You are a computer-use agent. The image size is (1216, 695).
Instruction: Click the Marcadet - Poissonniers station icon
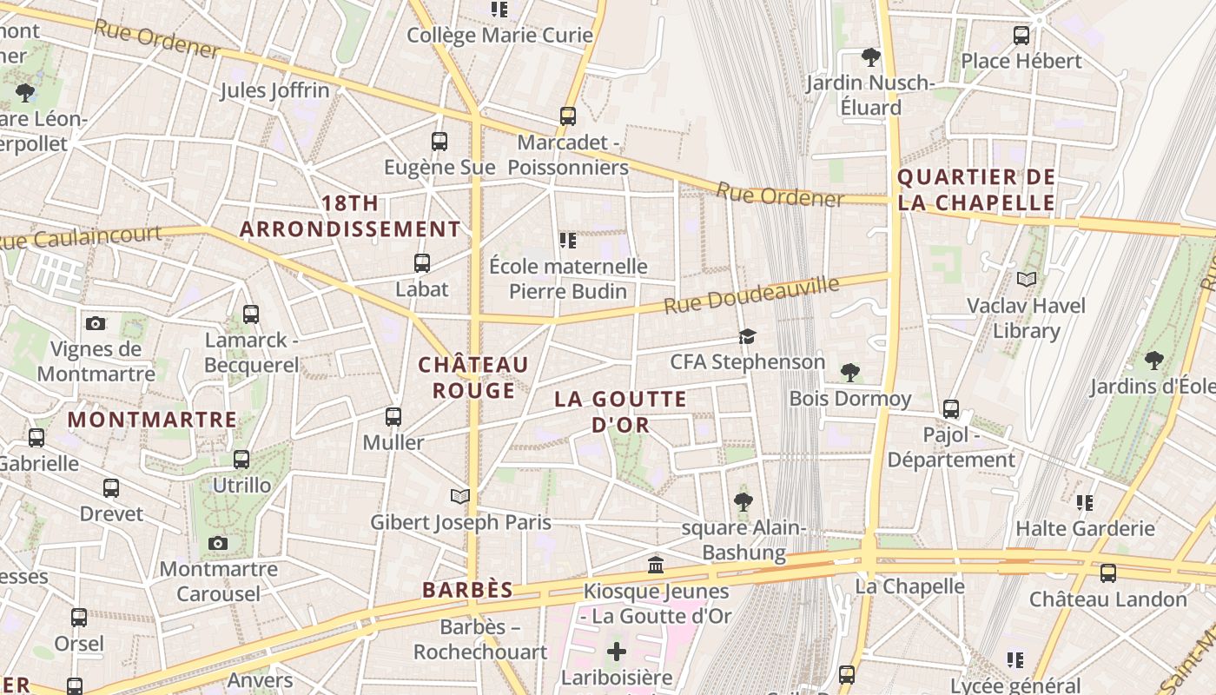click(567, 116)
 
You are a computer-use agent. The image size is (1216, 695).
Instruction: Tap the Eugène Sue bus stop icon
click(439, 141)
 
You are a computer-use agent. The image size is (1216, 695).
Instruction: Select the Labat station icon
click(422, 262)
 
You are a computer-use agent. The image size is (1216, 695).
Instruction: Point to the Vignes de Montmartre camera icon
click(96, 323)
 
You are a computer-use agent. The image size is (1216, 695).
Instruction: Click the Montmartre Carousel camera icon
click(218, 544)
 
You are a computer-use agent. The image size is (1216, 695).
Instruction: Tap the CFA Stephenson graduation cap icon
click(747, 336)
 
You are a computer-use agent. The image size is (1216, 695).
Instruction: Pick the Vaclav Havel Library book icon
click(1027, 280)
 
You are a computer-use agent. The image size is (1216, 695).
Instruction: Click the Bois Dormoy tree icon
click(850, 373)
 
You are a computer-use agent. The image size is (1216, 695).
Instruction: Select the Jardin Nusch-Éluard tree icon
click(870, 57)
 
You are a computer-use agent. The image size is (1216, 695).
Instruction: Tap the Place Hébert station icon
click(1021, 36)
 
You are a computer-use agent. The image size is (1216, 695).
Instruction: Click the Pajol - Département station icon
click(951, 408)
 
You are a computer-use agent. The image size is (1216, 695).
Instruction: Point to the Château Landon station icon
click(1107, 573)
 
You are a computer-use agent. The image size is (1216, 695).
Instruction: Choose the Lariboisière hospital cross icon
click(617, 652)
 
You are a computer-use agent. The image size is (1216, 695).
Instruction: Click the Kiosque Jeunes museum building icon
click(656, 566)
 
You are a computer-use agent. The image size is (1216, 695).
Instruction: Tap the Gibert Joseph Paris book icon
click(460, 496)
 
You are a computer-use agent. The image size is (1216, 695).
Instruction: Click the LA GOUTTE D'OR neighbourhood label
click(621, 412)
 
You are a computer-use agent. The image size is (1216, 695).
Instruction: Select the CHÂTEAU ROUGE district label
click(473, 377)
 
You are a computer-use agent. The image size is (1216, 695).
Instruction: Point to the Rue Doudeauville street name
click(752, 295)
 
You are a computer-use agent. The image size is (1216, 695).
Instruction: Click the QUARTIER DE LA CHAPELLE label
click(976, 190)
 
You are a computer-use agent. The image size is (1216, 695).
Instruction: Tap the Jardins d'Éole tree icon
click(1153, 360)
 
